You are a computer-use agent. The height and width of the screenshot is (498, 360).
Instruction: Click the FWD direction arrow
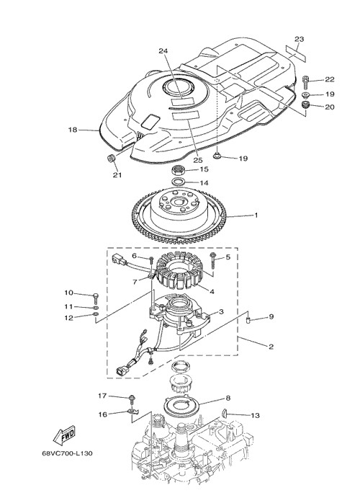pyautogui.click(x=64, y=434)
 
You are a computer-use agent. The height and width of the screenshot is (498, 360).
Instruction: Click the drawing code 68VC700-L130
pyautogui.click(x=67, y=453)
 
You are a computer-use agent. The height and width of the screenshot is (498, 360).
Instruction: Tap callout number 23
pyautogui.click(x=299, y=39)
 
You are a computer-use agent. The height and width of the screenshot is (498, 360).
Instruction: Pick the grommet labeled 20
pyautogui.click(x=305, y=105)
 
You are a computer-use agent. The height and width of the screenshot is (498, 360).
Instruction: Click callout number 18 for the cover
pyautogui.click(x=73, y=130)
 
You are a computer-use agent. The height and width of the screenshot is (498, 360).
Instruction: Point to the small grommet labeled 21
pyautogui.click(x=112, y=158)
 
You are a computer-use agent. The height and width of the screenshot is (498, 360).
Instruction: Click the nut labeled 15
pyautogui.click(x=179, y=170)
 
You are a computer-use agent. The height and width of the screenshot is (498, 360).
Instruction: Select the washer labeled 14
pyautogui.click(x=179, y=182)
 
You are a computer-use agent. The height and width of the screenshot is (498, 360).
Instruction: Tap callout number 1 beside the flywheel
pyautogui.click(x=256, y=215)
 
